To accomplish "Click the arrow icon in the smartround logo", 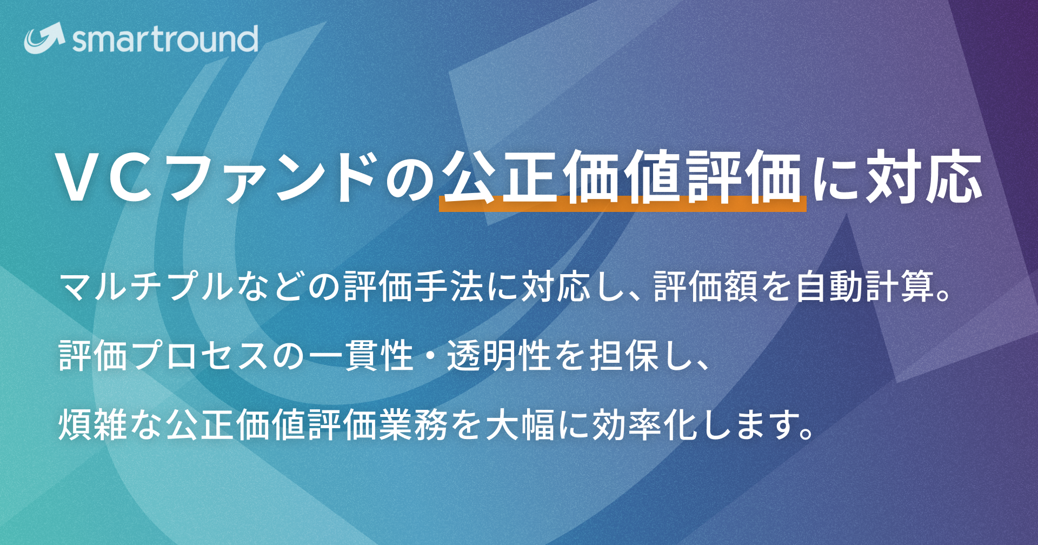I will point(44,38).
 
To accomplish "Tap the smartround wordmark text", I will point(165,39).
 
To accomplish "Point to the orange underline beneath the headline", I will point(622,204).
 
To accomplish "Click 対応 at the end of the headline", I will point(924,178).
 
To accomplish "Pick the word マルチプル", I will point(146,287).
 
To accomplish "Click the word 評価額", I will point(706,287).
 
